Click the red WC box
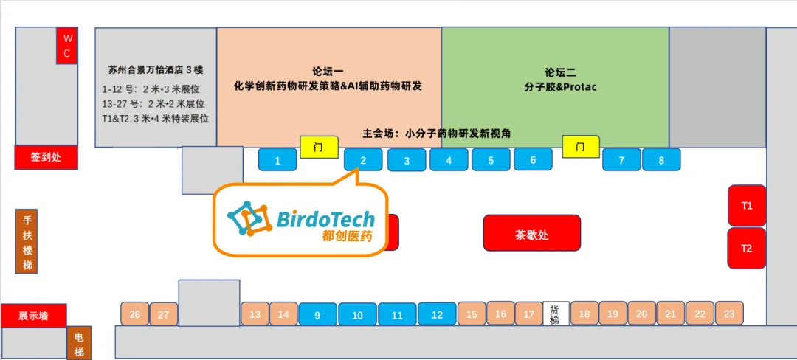tap(66, 46)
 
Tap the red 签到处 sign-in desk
tap(46, 157)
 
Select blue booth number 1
tap(277, 160)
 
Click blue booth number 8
tap(660, 160)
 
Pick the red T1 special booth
tap(747, 206)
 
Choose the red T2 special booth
tap(747, 248)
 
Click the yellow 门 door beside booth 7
tap(580, 147)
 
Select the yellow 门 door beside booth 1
tap(318, 147)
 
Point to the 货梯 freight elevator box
tap(555, 314)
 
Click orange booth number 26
tap(134, 314)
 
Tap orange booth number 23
tap(728, 314)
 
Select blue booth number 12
tap(437, 314)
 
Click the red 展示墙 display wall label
tap(33, 316)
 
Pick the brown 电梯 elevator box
tap(79, 343)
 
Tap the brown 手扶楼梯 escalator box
tap(27, 241)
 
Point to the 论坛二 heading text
tap(560, 72)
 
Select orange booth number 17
tap(528, 314)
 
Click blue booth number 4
tap(449, 160)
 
